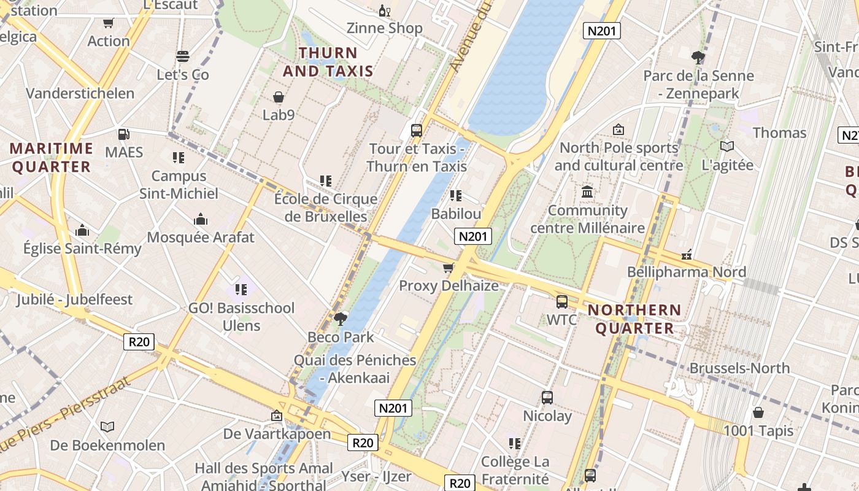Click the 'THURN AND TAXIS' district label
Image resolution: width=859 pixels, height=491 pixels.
coord(328,62)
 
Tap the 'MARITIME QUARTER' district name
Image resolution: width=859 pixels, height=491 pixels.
coord(52,157)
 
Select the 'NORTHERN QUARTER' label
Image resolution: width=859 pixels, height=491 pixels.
coord(634,319)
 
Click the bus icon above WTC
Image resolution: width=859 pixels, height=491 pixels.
coord(561,301)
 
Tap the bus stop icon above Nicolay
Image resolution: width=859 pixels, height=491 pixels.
coord(547,397)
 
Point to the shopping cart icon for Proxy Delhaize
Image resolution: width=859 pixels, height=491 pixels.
coord(449,268)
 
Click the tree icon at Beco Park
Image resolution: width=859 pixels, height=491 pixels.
coord(341,319)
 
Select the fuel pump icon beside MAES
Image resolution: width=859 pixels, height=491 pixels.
coord(123,134)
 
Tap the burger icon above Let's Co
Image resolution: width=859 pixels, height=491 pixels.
coord(182,56)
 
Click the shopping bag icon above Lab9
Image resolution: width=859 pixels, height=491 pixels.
coord(279,97)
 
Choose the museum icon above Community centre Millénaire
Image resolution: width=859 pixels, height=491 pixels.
coord(587,192)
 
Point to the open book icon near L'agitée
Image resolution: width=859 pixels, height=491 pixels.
coord(727,146)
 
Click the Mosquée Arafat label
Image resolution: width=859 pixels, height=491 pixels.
coord(201,237)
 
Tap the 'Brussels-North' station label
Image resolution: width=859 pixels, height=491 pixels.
coord(739,368)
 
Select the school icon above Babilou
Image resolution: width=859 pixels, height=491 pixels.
coord(455,196)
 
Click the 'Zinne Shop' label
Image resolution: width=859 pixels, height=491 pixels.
coord(385,28)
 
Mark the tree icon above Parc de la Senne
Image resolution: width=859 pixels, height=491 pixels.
coord(698,58)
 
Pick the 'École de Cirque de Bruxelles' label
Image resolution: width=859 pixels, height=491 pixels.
coord(326,207)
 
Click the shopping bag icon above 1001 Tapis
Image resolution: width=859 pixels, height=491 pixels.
coord(758,412)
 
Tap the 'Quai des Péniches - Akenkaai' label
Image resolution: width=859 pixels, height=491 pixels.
coord(355,368)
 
